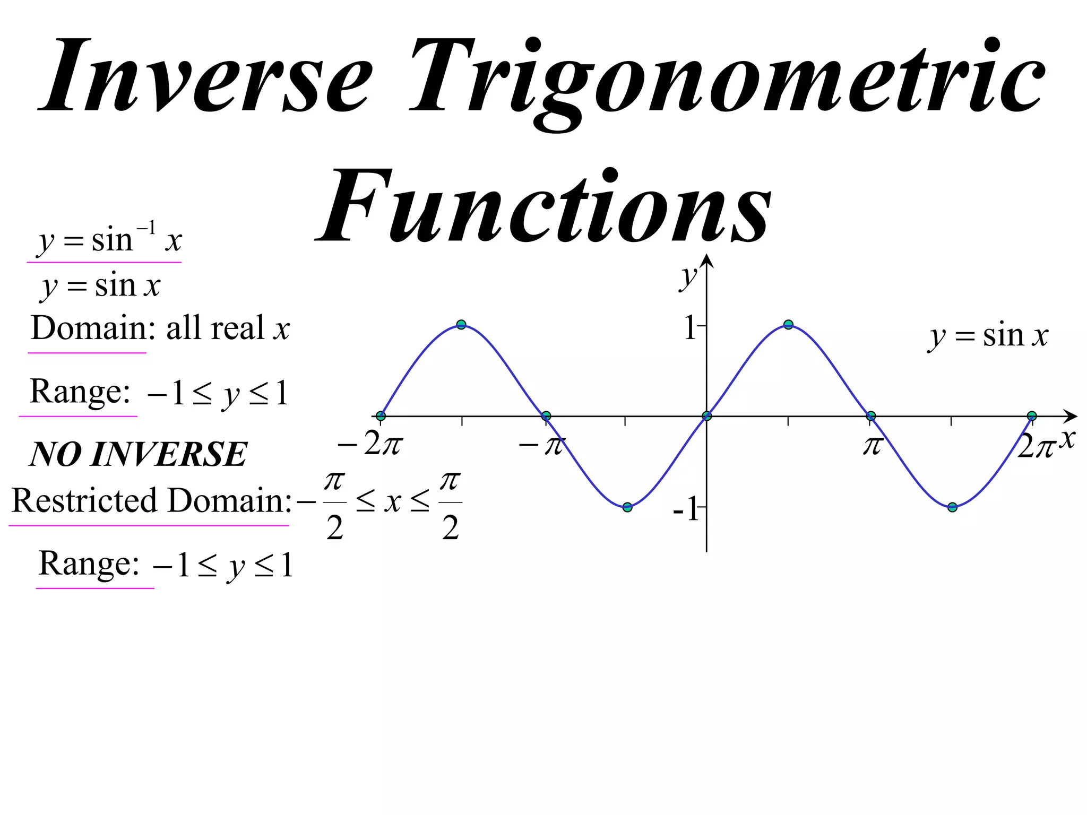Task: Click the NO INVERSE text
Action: click(138, 454)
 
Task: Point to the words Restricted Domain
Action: click(151, 500)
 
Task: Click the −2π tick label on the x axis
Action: click(370, 445)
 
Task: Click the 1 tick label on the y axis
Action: click(690, 327)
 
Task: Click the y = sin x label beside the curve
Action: click(989, 336)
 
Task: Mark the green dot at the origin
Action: click(706, 416)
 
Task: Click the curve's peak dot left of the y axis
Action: click(461, 325)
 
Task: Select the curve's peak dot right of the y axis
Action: click(788, 325)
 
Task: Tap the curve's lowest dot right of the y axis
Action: click(952, 507)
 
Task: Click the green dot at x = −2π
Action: click(381, 416)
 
